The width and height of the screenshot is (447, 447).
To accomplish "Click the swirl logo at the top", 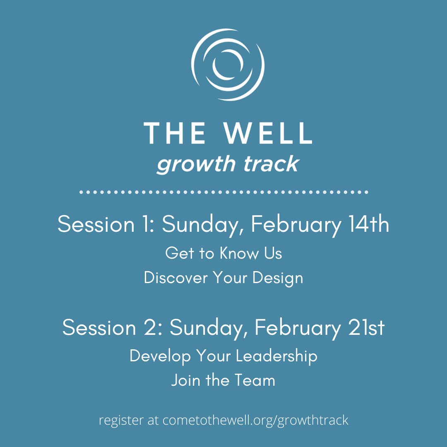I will click(227, 65).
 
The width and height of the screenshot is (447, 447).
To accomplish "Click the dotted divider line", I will click(226, 192).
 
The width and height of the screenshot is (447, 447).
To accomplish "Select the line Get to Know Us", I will click(223, 253).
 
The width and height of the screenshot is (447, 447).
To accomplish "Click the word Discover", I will click(176, 278).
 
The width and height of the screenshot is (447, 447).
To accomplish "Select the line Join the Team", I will click(223, 380).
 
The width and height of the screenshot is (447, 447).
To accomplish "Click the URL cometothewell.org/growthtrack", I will click(255, 421).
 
